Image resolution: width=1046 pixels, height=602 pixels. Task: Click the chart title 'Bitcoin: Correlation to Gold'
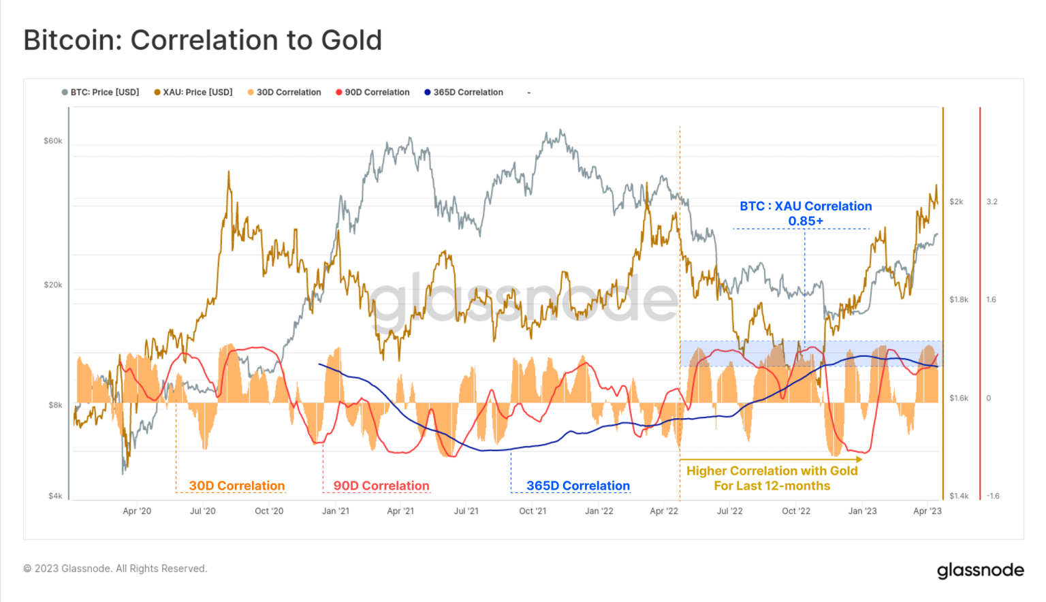pyautogui.click(x=202, y=40)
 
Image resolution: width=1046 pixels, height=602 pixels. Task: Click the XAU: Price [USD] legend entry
pyautogui.click(x=193, y=93)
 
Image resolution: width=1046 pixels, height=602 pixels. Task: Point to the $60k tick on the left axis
pyautogui.click(x=52, y=141)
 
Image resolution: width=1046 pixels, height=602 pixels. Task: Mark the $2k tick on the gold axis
pyautogui.click(x=956, y=202)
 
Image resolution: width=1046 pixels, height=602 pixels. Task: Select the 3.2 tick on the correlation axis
pyautogui.click(x=992, y=202)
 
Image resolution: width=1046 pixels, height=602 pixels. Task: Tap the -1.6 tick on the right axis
pyautogui.click(x=993, y=496)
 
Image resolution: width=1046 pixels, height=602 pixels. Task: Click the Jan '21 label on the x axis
pyautogui.click(x=335, y=511)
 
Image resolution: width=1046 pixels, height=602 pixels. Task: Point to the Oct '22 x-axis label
pyautogui.click(x=795, y=511)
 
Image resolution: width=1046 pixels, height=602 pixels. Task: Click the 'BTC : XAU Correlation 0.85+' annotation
pyautogui.click(x=806, y=213)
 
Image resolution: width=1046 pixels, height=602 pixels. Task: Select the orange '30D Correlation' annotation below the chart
pyautogui.click(x=236, y=486)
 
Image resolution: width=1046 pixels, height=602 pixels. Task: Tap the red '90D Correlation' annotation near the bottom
pyautogui.click(x=381, y=486)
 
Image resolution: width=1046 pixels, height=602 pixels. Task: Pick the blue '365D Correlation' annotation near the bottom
pyautogui.click(x=577, y=486)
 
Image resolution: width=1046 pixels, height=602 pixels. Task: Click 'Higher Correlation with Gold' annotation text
pyautogui.click(x=772, y=471)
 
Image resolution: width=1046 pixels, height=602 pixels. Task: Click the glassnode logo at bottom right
pyautogui.click(x=980, y=570)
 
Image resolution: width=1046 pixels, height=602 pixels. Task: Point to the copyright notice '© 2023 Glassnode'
pyautogui.click(x=115, y=569)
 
